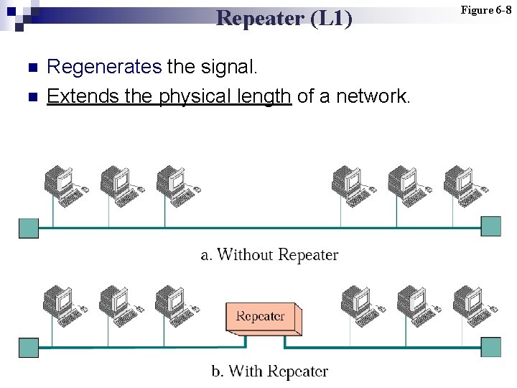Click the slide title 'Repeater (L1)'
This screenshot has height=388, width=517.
[x=284, y=17]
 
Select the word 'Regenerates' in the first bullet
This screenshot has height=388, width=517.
[x=103, y=68]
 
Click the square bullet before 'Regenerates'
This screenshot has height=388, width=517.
[x=31, y=68]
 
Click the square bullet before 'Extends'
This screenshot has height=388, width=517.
[x=31, y=96]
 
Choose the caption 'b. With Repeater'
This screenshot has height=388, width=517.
[x=269, y=371]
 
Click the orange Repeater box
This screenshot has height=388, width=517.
[x=261, y=318]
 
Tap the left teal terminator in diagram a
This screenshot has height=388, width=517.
[x=29, y=227]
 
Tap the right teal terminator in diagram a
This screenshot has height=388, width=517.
[x=491, y=227]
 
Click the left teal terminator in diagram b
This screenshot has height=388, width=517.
[x=29, y=347]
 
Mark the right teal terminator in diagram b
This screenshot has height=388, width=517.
[x=491, y=347]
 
